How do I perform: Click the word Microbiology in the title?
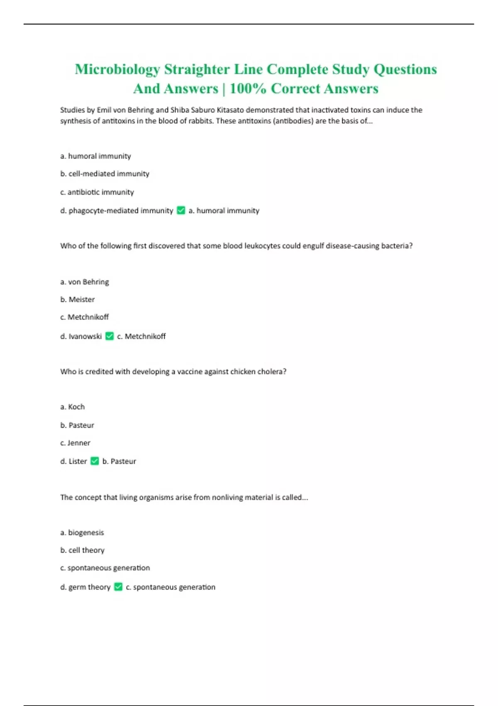117,69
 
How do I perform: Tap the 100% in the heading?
248,89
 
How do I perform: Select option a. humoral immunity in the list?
95,156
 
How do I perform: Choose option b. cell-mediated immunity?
105,174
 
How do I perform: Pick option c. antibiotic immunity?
97,192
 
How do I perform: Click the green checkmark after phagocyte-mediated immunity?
181,211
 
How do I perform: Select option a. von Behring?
84,282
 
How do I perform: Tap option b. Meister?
77,299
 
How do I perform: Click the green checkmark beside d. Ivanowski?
110,336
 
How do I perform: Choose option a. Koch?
72,407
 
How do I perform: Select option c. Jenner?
75,443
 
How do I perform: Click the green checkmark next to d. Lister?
95,461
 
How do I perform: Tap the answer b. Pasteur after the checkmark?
119,461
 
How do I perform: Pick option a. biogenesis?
82,533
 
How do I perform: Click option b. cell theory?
82,550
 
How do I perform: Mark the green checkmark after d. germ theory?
118,587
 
